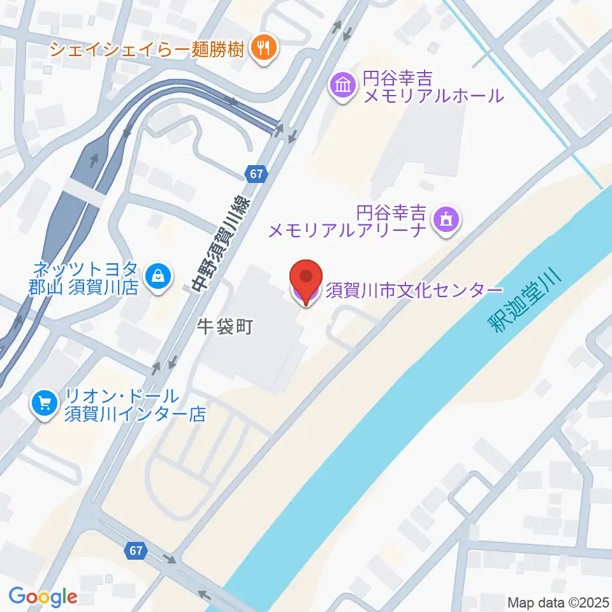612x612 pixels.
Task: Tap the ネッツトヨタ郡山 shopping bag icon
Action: (156, 277)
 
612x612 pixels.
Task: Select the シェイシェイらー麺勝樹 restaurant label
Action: (147, 48)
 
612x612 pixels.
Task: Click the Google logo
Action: (43, 597)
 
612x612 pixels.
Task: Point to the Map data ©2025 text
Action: (558, 601)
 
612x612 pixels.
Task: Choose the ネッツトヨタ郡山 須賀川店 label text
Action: (84, 277)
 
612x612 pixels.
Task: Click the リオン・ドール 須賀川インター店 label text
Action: (135, 405)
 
